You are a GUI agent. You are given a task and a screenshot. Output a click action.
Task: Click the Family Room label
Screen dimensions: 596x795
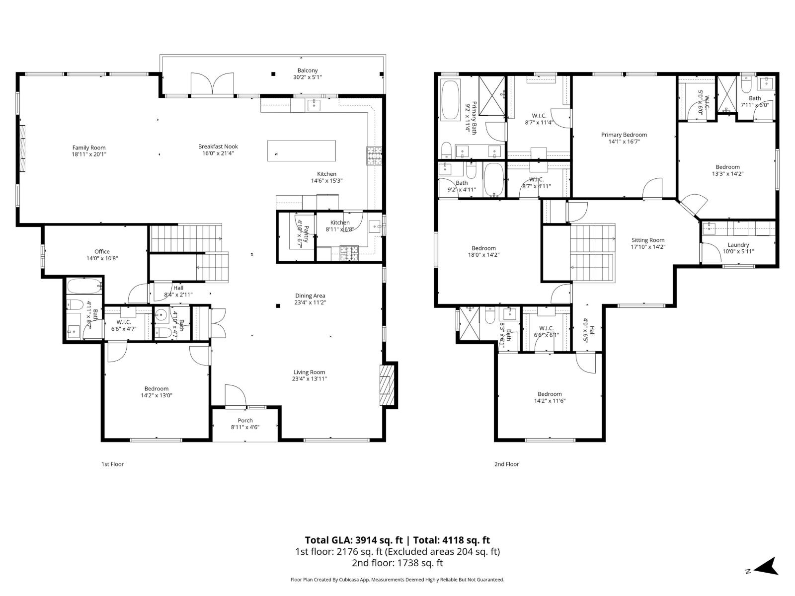89,148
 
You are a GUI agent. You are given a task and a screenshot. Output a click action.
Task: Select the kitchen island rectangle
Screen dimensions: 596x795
301,150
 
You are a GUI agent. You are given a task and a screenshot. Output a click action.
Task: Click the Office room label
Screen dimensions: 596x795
102,251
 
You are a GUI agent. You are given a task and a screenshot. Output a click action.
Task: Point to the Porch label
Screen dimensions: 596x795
245,420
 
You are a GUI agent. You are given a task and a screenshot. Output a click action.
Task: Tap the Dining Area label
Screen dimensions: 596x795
310,296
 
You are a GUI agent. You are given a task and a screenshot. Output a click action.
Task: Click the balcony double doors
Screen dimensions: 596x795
213,83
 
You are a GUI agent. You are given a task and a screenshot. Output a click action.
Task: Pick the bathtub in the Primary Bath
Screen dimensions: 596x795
450,101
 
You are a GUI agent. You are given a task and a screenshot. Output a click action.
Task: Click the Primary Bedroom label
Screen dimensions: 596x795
624,135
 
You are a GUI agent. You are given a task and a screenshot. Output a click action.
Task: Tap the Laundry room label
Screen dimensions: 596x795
738,244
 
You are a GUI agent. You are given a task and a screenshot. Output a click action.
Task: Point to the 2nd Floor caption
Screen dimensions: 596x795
506,464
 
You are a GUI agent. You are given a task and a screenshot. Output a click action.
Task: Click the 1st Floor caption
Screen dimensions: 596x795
112,464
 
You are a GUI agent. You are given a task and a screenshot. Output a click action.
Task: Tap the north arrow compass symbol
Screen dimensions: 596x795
768,566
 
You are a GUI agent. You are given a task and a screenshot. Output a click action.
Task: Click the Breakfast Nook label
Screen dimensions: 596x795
218,147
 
